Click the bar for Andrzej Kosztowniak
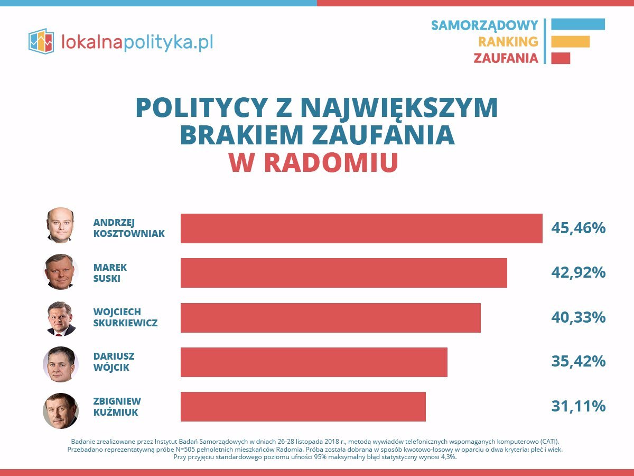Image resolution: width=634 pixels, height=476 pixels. (x=361, y=228)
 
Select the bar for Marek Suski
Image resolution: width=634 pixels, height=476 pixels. (x=343, y=273)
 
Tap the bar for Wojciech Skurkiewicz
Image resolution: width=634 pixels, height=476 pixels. (x=330, y=317)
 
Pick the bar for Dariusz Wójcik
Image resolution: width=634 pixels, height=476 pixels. (x=314, y=362)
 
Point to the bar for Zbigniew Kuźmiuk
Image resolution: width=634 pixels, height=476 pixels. (x=303, y=406)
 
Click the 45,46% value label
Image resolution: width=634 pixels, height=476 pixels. (x=578, y=228)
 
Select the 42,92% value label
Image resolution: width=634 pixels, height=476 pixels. (x=578, y=273)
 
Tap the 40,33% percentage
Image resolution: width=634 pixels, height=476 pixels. (x=578, y=317)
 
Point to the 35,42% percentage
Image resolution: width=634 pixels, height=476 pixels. (x=578, y=362)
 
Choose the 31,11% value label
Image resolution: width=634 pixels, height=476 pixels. (x=578, y=406)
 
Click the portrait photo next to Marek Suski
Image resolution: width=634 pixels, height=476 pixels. (x=61, y=272)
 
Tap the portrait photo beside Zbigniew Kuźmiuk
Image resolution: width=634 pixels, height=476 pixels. (x=61, y=410)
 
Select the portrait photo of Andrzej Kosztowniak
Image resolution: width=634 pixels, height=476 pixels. (x=60, y=225)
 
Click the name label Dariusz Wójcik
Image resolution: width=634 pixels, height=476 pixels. (x=114, y=362)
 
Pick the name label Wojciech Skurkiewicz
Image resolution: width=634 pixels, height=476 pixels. (x=125, y=317)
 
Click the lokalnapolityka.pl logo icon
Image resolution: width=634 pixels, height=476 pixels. (x=41, y=41)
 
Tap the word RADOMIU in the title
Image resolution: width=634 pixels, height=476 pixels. (x=330, y=163)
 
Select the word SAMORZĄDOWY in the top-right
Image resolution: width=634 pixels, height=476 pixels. (x=484, y=25)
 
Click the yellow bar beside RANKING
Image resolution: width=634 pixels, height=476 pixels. (x=570, y=41)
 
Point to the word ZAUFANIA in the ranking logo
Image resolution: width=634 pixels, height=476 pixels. (x=506, y=58)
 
